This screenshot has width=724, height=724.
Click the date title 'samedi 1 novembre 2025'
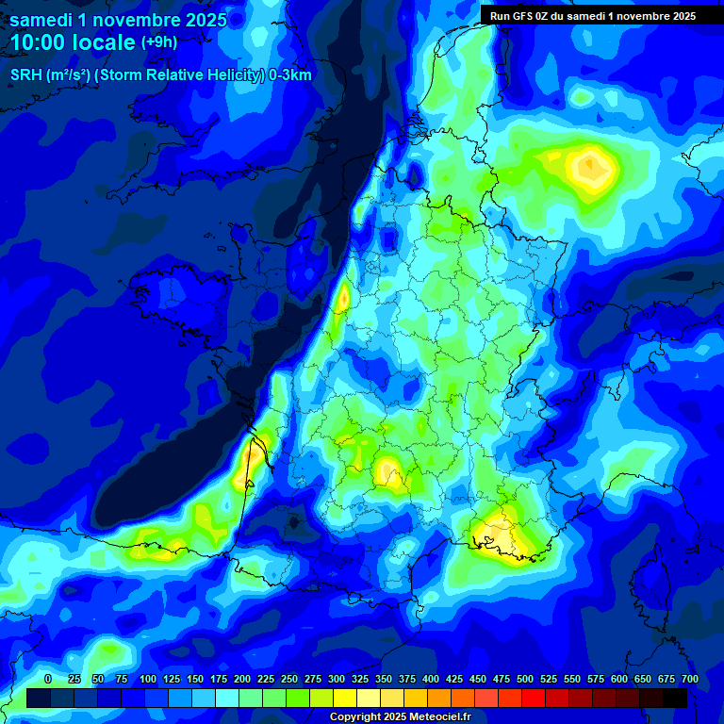click(118, 19)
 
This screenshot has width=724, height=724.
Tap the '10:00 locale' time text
click(73, 42)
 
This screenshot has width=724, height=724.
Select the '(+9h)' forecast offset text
click(158, 42)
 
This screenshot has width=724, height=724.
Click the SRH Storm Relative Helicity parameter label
click(160, 75)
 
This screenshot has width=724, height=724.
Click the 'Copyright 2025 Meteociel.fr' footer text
click(400, 716)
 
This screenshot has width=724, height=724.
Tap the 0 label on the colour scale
click(48, 679)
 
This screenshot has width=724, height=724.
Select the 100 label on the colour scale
click(148, 679)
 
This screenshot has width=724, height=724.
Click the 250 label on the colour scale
click(289, 679)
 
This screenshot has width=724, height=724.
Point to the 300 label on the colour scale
click(337, 679)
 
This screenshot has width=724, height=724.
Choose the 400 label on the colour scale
click(431, 679)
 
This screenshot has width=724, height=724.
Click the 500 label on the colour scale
click(525, 679)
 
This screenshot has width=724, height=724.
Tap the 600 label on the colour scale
click(619, 679)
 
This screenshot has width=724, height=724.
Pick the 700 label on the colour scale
click(689, 679)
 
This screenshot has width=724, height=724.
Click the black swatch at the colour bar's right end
click(675, 698)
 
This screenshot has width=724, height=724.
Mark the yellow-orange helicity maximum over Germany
click(591, 168)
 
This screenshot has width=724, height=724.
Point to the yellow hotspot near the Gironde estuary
click(253, 452)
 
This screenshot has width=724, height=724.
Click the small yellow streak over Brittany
click(342, 300)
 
